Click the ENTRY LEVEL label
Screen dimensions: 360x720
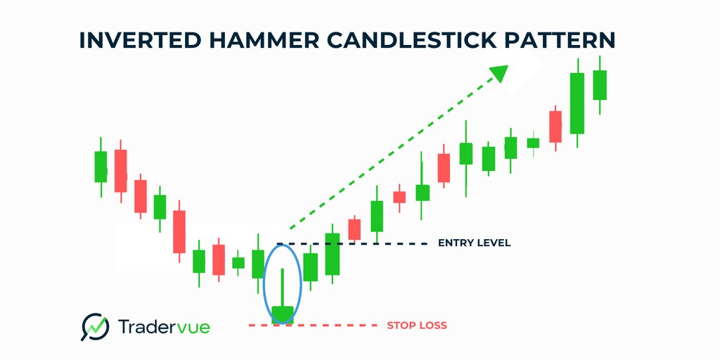click(x=474, y=243)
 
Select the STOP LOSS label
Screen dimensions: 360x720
click(x=416, y=326)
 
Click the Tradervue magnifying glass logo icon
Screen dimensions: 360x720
click(x=96, y=326)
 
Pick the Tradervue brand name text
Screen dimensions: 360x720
click(x=164, y=326)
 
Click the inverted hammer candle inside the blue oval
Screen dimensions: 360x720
click(x=283, y=314)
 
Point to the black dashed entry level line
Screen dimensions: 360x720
click(x=352, y=243)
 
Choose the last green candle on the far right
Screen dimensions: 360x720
click(x=600, y=85)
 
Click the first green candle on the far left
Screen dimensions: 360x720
click(x=101, y=166)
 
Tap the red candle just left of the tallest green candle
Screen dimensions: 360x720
click(x=555, y=127)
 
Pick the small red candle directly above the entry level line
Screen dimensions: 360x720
click(x=354, y=229)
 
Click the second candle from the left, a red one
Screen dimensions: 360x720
click(x=121, y=170)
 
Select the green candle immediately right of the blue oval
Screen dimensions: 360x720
click(x=310, y=266)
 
